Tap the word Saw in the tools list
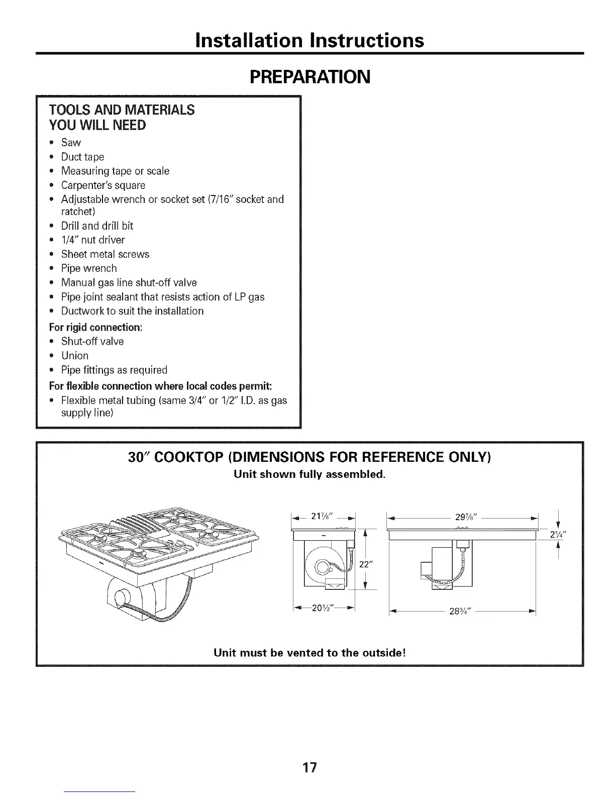click(71, 143)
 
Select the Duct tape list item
click(82, 157)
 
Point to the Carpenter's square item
click(103, 185)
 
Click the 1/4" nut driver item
click(92, 240)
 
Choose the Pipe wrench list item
click(89, 268)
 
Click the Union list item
click(75, 355)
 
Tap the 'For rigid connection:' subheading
click(95, 327)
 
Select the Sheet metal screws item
click(105, 254)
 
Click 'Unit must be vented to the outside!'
click(310, 653)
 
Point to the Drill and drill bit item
click(97, 226)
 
